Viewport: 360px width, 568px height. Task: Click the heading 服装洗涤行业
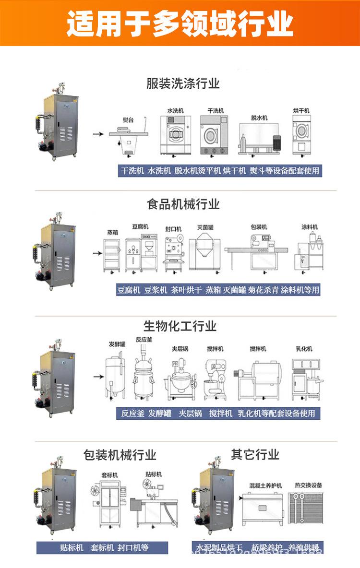(183, 83)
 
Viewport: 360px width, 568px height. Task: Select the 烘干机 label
(301, 110)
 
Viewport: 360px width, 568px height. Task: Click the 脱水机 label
(259, 118)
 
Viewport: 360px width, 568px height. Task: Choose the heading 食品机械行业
(183, 204)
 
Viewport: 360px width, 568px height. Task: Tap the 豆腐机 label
(140, 226)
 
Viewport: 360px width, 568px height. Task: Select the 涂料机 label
(310, 226)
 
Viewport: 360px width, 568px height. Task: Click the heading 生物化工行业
(180, 326)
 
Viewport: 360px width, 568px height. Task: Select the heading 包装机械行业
(120, 454)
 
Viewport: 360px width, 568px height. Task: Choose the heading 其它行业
(255, 454)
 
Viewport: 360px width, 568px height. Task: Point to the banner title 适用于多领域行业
(180, 23)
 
